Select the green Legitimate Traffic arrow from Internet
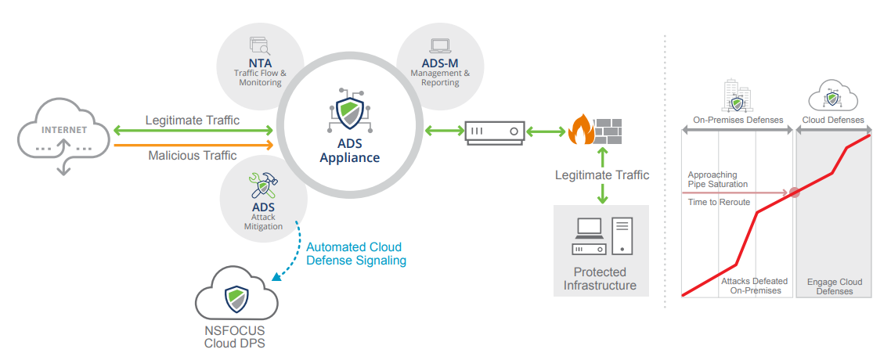(x=193, y=131)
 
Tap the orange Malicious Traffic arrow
(x=193, y=145)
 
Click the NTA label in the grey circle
(x=260, y=62)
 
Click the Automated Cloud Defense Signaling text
(x=356, y=254)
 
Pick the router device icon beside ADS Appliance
(x=494, y=131)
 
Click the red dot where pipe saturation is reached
(x=794, y=192)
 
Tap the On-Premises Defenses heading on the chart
(x=738, y=121)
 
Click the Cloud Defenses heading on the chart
(x=833, y=121)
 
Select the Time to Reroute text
(x=719, y=203)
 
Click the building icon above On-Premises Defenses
(x=737, y=97)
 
